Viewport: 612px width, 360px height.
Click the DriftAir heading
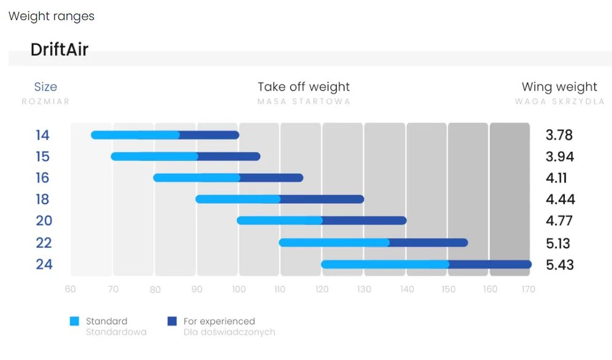[59, 50]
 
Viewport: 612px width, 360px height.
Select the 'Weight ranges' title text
[51, 17]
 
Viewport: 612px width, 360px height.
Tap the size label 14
[43, 135]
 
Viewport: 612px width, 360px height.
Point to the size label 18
[43, 200]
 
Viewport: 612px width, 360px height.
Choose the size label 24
[43, 264]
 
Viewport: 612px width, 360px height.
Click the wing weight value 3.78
[559, 135]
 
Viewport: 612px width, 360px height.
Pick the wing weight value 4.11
[556, 178]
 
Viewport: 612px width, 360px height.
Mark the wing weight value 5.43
[560, 264]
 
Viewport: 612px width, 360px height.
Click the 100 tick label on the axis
[239, 290]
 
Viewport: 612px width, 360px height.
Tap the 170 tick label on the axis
[528, 290]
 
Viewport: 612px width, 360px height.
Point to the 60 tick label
[70, 290]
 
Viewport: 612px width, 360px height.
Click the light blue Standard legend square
[74, 321]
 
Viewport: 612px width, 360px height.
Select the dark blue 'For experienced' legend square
[172, 321]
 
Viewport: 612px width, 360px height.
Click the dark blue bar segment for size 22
[428, 243]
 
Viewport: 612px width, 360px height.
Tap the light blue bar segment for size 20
[280, 220]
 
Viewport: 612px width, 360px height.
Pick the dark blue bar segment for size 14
[209, 135]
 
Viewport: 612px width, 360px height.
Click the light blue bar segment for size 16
[196, 178]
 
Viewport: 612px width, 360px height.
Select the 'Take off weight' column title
[304, 87]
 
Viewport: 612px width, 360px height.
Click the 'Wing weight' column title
[559, 87]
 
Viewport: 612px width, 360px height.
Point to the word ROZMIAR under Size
[46, 102]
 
